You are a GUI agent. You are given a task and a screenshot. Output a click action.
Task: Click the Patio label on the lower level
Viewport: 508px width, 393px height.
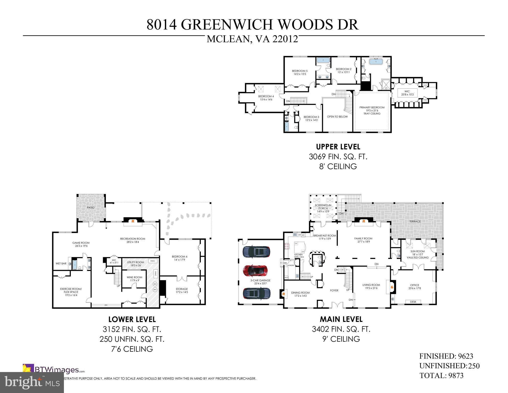point(91,208)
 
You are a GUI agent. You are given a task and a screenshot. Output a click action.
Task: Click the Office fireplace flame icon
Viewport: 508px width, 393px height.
point(391,287)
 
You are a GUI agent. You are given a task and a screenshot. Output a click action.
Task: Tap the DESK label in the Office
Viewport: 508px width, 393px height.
point(413,302)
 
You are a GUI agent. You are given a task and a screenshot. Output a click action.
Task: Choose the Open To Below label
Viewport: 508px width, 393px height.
point(337,117)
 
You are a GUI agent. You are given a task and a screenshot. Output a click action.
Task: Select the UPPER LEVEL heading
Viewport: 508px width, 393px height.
point(338,147)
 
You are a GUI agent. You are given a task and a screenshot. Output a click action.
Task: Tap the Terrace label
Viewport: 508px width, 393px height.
point(415,221)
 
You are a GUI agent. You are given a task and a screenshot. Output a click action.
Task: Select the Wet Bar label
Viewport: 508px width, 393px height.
point(61,264)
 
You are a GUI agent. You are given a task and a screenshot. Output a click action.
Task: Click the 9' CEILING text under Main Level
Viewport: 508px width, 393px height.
point(341,339)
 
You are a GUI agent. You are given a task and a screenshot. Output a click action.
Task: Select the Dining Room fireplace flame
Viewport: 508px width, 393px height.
point(283,294)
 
